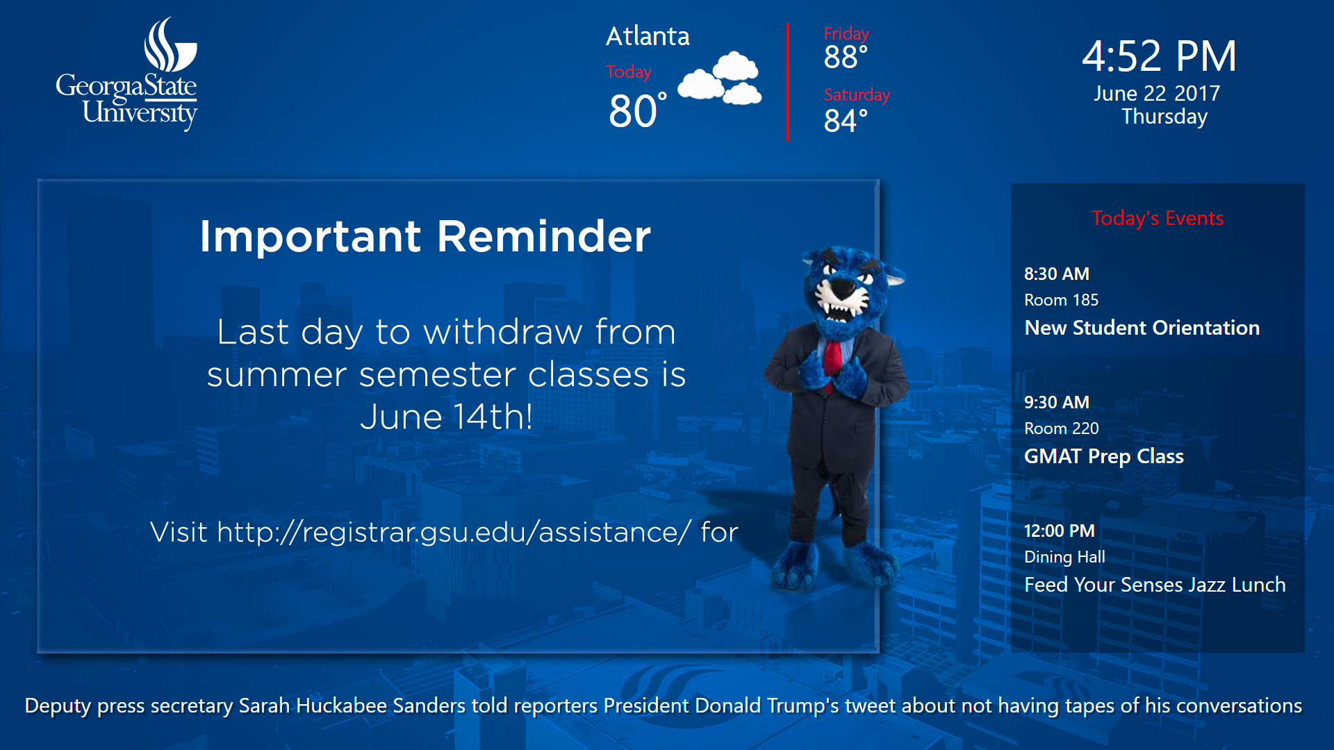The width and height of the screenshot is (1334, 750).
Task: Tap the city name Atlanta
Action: [648, 36]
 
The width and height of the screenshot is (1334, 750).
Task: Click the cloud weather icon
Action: [720, 78]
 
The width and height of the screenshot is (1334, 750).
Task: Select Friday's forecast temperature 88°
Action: [846, 57]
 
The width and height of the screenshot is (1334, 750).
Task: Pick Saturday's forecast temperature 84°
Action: [846, 121]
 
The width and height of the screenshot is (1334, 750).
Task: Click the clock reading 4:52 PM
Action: [1159, 56]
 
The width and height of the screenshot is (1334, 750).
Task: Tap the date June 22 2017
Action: [1157, 93]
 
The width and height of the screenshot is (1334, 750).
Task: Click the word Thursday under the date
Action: [1164, 117]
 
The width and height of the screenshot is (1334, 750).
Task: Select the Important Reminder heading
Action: [425, 236]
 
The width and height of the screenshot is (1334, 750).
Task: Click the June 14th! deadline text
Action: [446, 417]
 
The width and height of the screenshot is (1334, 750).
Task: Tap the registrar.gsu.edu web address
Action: [454, 533]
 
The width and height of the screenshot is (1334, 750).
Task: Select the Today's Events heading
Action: [1158, 218]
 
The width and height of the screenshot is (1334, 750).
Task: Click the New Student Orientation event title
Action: [1142, 328]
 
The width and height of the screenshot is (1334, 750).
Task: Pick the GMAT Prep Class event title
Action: [1103, 456]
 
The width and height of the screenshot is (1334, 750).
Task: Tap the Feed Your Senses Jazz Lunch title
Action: [1155, 585]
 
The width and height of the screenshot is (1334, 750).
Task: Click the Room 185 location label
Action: [1061, 300]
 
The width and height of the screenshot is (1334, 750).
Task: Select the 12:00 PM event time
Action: [1059, 531]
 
